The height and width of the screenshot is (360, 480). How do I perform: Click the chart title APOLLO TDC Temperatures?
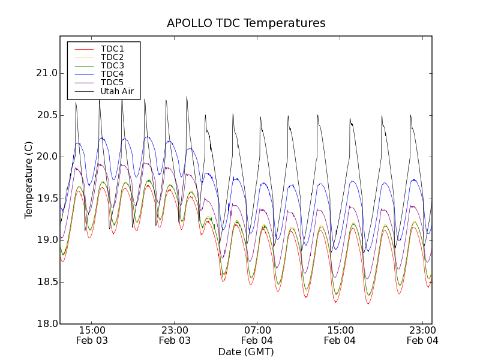coord(246,23)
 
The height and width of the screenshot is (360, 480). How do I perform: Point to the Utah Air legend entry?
coord(117,91)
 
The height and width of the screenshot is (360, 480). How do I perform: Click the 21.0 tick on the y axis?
coord(46,73)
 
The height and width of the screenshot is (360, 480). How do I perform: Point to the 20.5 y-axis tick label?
coord(46,115)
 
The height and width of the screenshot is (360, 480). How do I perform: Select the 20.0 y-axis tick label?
coord(46,157)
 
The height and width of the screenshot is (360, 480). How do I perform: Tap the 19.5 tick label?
coord(46,199)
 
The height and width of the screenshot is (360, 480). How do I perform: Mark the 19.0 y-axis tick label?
coord(46,240)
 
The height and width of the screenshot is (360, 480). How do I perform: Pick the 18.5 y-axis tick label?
coord(46,282)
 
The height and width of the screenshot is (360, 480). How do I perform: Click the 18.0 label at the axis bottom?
coord(46,323)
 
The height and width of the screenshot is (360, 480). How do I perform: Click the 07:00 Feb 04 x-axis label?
coord(258,335)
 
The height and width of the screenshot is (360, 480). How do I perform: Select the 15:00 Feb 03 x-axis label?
coord(92,335)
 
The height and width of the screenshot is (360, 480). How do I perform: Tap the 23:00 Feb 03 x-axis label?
coord(175,335)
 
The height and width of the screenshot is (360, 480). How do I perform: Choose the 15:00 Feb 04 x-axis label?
coord(340,335)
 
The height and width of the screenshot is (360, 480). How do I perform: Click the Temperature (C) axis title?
coord(29,180)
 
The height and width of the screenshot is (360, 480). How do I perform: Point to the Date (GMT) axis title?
coord(246,352)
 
